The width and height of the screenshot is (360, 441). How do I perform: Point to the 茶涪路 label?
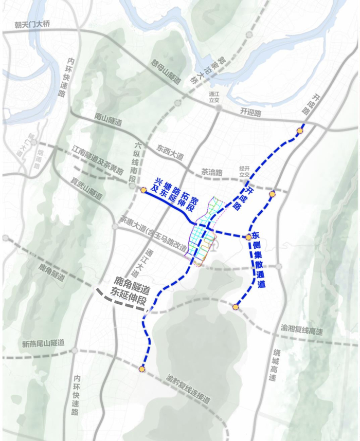pyautogui.click(x=211, y=173)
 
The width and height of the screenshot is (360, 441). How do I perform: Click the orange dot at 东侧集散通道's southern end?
pyautogui.click(x=236, y=307)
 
